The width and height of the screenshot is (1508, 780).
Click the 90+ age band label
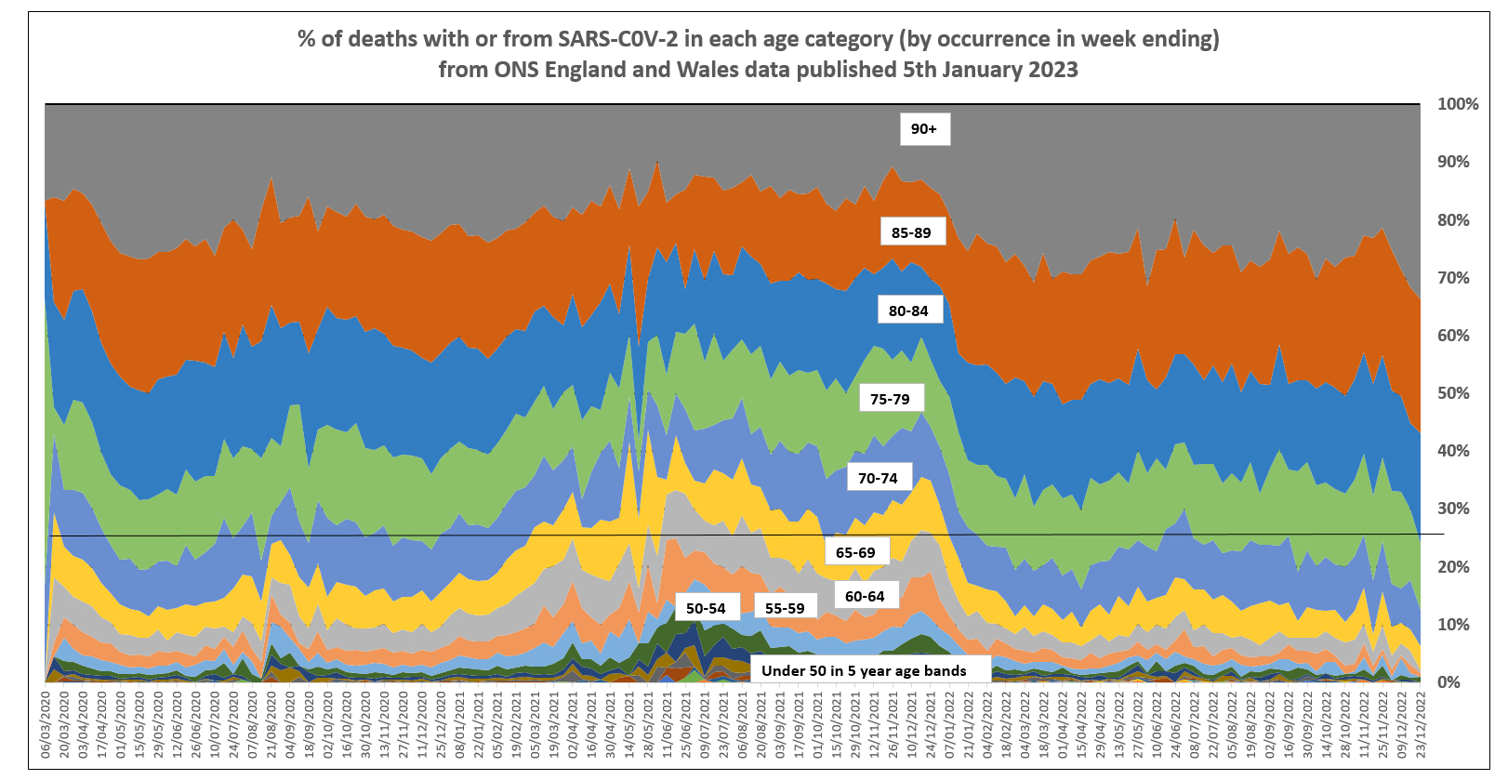pos(924,129)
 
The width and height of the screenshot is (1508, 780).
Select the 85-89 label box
pos(911,232)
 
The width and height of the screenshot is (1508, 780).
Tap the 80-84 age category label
pos(908,311)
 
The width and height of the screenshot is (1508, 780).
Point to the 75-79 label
pos(890,399)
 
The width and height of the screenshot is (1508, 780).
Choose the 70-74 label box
pos(878,478)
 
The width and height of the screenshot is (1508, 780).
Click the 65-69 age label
pos(855,552)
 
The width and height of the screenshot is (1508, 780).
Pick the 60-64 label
pos(865,596)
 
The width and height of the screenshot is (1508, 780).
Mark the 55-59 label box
pos(785,608)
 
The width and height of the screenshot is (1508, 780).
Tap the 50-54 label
pos(706,608)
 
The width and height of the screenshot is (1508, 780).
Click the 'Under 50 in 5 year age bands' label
pos(864,670)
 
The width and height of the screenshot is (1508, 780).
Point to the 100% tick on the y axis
pos(1457,104)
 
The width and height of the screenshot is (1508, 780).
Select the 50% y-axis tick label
pos(1453,393)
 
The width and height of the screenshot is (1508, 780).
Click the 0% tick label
pos(1448,682)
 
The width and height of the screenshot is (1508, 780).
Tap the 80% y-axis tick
pos(1453,220)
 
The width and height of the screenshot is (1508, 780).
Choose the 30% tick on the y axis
pos(1453,509)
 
